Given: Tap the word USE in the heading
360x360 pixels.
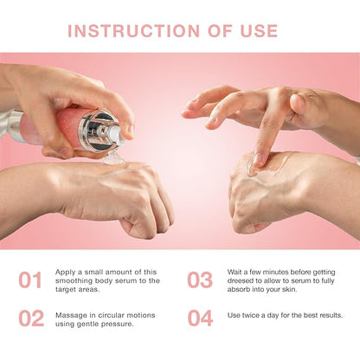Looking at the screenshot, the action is tap(259, 31).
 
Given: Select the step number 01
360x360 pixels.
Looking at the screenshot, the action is tap(30, 280).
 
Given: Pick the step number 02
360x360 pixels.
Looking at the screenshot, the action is tap(31, 318).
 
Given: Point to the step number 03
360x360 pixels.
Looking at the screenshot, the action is tap(200, 280).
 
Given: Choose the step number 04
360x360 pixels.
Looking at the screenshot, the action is tap(200, 318).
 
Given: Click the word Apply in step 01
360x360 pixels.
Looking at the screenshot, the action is tap(65, 273).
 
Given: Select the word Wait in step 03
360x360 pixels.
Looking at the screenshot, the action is tap(235, 272).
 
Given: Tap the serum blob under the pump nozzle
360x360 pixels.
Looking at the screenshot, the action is tap(114, 158).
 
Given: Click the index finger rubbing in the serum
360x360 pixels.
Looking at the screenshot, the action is tap(267, 136).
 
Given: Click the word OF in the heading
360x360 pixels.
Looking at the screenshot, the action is tap(220, 31).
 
